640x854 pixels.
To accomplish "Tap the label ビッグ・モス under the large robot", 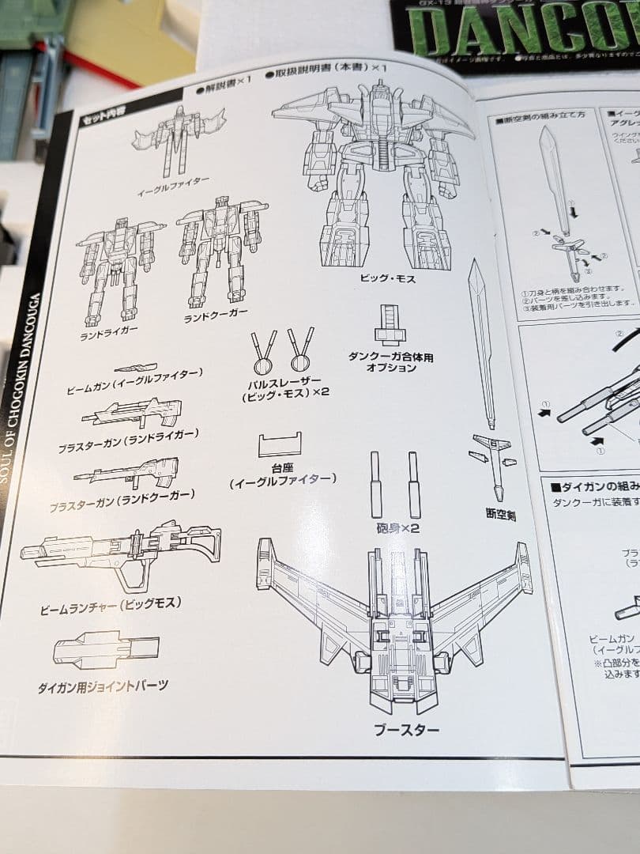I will (x=386, y=278).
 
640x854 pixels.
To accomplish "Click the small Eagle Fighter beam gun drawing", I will (x=135, y=368).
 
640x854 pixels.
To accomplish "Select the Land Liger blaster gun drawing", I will (x=131, y=414).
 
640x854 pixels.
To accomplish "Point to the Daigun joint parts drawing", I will (x=106, y=650).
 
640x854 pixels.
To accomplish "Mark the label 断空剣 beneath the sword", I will (x=500, y=515).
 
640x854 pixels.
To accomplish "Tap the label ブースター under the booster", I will (x=406, y=729).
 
